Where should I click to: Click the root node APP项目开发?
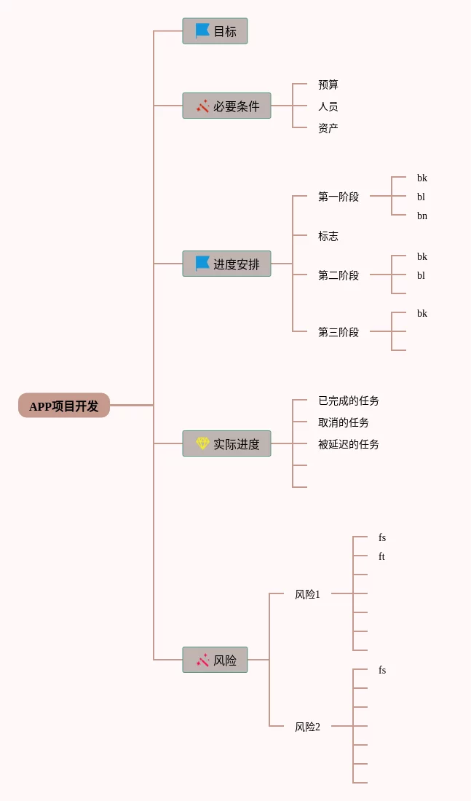(x=64, y=406)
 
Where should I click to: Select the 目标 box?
(x=215, y=31)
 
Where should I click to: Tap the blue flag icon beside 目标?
(x=202, y=31)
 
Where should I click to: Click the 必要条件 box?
(x=227, y=106)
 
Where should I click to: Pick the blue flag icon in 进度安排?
(x=202, y=264)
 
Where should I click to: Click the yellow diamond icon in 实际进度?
(x=202, y=443)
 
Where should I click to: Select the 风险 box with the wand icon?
(x=215, y=660)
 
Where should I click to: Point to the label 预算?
(x=328, y=84)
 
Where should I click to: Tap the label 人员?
(x=328, y=106)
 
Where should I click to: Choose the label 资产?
(x=328, y=127)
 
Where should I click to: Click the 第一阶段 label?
(x=339, y=197)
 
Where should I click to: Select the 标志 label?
(x=328, y=236)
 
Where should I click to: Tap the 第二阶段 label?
(x=339, y=275)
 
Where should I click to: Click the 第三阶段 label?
(x=339, y=332)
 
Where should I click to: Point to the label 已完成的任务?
(x=349, y=400)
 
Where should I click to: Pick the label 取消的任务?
(x=344, y=422)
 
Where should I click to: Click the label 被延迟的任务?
(x=349, y=444)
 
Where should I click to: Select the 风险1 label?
(x=307, y=595)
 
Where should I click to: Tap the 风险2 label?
(x=307, y=727)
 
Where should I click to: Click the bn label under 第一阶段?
(x=422, y=216)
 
